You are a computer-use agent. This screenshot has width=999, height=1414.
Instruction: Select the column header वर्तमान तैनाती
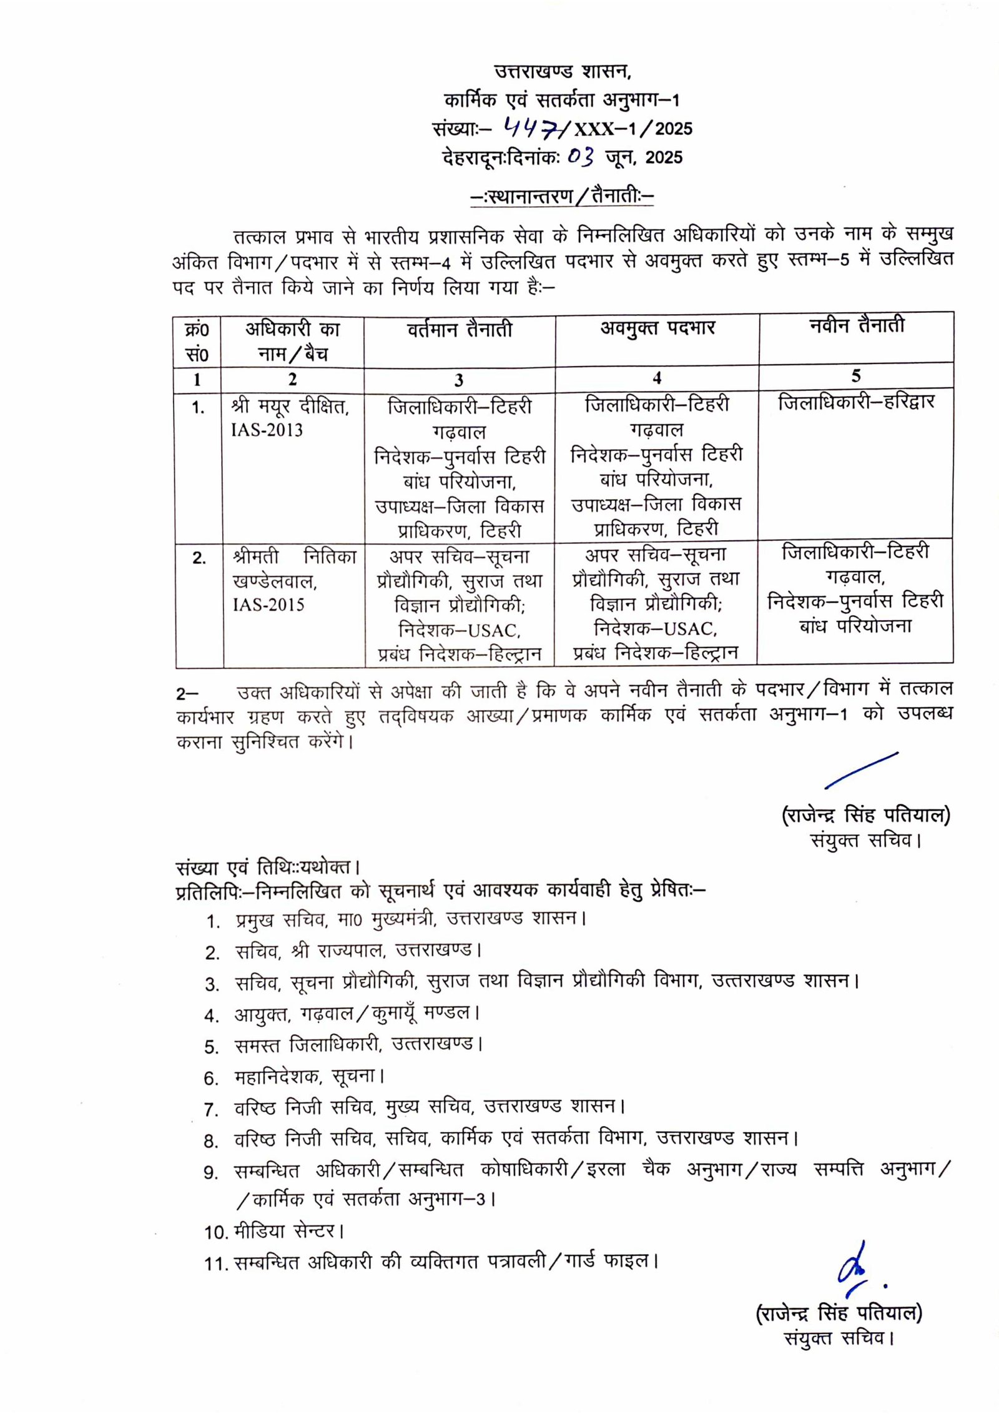460,329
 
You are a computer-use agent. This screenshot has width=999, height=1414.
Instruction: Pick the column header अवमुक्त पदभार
657,328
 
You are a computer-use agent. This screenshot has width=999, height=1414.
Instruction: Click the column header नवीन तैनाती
856,325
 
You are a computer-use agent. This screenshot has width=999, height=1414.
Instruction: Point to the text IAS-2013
267,430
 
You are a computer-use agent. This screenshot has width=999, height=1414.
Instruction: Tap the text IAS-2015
268,605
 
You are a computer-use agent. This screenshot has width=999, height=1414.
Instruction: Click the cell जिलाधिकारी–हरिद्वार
856,402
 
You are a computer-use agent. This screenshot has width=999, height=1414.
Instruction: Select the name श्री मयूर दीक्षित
290,407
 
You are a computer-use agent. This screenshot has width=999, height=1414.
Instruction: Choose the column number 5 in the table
856,375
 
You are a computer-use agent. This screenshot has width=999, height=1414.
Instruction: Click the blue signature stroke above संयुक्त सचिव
862,770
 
